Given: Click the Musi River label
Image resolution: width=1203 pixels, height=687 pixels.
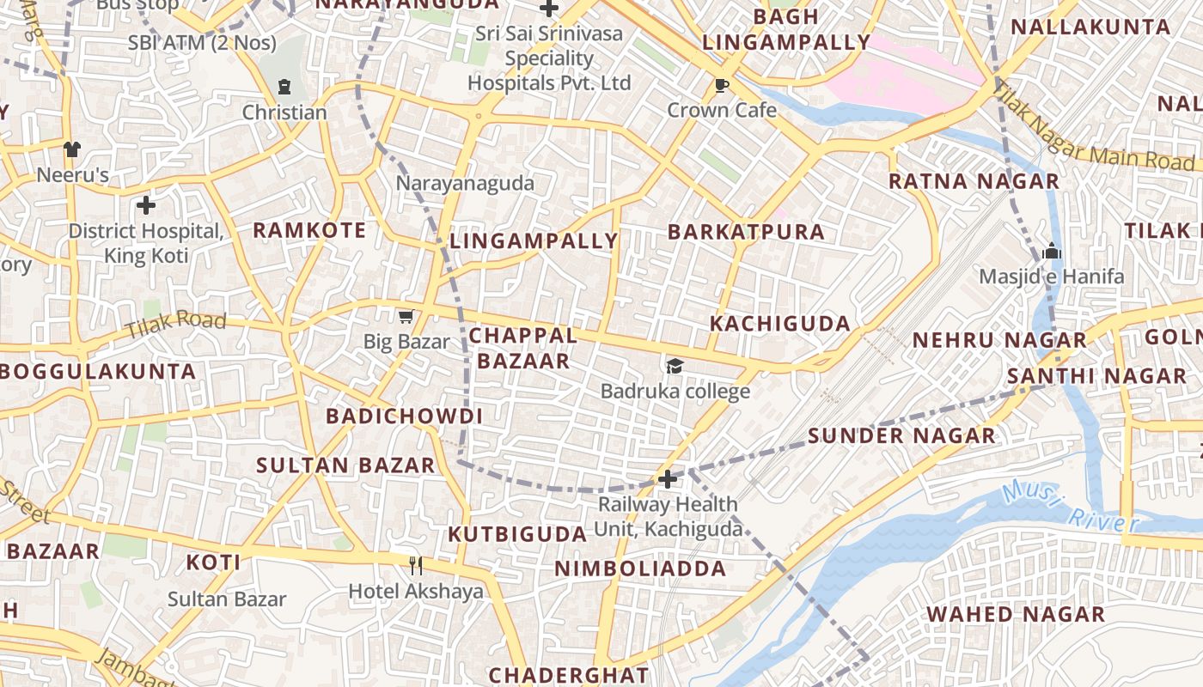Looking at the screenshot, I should click(1070, 508).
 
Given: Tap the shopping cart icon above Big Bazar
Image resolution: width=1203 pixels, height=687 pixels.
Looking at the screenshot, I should click(406, 317).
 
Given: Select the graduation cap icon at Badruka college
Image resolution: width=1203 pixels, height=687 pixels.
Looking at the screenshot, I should click(675, 367).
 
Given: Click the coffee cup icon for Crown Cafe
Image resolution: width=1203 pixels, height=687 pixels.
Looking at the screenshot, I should click(722, 85).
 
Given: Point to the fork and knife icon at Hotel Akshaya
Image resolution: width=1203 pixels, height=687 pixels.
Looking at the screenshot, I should click(416, 565).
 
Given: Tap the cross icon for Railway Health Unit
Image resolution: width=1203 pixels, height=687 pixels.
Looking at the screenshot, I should click(668, 478).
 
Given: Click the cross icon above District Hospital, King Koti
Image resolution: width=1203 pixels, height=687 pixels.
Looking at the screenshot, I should click(146, 205).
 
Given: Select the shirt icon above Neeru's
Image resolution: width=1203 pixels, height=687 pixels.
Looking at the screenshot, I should click(72, 149).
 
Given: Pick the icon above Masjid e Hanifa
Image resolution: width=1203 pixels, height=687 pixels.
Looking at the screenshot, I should click(1051, 252).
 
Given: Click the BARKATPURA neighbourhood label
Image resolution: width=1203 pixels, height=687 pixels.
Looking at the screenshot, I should click(746, 232).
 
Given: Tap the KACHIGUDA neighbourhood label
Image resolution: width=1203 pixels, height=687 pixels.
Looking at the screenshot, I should click(780, 324).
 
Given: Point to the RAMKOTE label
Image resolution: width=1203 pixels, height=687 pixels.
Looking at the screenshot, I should click(309, 230).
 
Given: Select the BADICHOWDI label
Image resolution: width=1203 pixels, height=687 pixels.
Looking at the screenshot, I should click(404, 416).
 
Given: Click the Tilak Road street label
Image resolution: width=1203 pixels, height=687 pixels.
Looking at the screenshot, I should click(175, 325).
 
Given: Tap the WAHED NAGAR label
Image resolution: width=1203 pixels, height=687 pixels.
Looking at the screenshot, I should click(1016, 614).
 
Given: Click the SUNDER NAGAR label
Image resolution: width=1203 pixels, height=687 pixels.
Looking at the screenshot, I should click(901, 435).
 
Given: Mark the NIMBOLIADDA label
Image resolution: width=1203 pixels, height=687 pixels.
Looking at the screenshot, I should click(640, 568).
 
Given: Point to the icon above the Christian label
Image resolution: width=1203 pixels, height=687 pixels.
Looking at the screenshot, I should click(284, 87).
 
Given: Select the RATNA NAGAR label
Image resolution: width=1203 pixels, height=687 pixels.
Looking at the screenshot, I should click(974, 181).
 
